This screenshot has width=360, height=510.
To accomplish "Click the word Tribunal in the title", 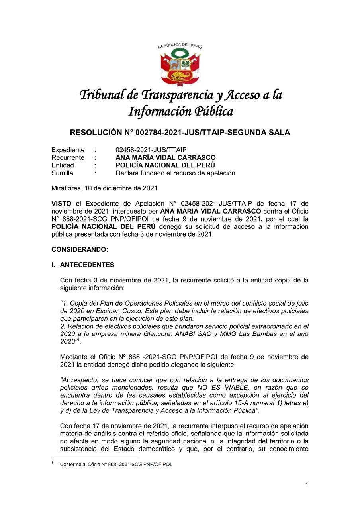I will click(102, 95).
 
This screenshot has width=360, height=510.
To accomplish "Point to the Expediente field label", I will click(68, 150).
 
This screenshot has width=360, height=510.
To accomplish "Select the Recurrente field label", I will click(68, 158).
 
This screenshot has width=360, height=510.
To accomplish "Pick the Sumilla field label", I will click(63, 173).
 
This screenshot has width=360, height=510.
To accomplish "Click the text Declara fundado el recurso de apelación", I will click(175, 173).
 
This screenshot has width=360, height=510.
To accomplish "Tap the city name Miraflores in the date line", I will click(66, 188).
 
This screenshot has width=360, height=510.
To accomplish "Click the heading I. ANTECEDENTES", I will click(83, 265).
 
